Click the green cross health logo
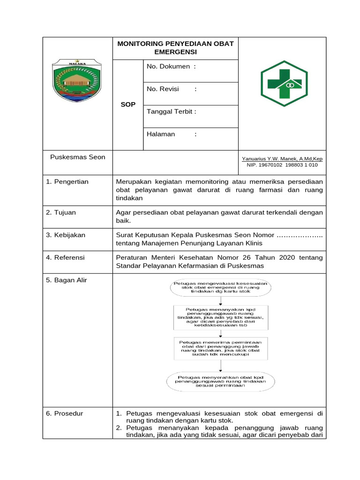[x=284, y=83]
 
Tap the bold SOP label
[x=127, y=105]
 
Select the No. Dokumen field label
[x=171, y=67]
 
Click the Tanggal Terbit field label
[x=172, y=112]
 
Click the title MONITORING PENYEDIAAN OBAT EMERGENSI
[x=175, y=47]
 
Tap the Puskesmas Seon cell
[x=78, y=157]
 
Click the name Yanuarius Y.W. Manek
[x=282, y=159]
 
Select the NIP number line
[x=282, y=165]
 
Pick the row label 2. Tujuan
[x=61, y=212]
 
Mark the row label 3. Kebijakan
[x=66, y=235]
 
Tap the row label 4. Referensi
[x=66, y=257]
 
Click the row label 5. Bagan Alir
[x=67, y=280]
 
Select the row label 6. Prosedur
[x=65, y=413]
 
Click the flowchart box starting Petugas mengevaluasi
[x=220, y=287]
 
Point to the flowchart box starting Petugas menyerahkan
[x=220, y=382]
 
